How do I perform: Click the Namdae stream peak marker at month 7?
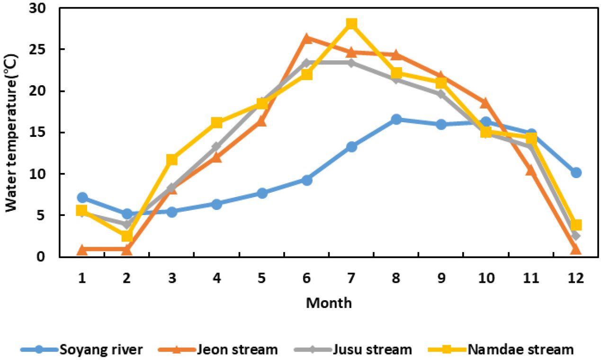pyautogui.click(x=351, y=24)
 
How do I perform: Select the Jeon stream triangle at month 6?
pyautogui.click(x=306, y=38)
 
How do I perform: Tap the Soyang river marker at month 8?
pyautogui.click(x=396, y=119)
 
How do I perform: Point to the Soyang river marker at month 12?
pyautogui.click(x=576, y=172)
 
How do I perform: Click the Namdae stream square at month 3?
pyautogui.click(x=171, y=160)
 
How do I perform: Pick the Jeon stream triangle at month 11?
pyautogui.click(x=531, y=171)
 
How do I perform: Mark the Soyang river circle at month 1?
pyautogui.click(x=82, y=198)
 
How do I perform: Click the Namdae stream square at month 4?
pyautogui.click(x=216, y=123)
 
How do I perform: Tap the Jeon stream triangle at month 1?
pyautogui.click(x=82, y=249)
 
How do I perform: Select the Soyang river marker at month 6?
pyautogui.click(x=306, y=180)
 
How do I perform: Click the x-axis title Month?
pyautogui.click(x=329, y=303)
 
